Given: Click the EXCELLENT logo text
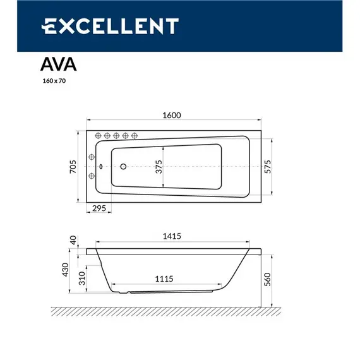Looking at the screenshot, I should tap(111, 26).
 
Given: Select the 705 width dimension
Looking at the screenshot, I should tap(73, 167).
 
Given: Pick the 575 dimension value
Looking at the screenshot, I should tap(267, 166).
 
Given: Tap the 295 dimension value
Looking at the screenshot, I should tap(98, 208).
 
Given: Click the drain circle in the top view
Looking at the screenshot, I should tap(124, 167).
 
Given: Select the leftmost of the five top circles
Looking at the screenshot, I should tap(99, 135).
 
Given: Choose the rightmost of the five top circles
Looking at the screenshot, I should tap(134, 135).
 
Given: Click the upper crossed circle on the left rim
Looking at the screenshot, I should tap(92, 158).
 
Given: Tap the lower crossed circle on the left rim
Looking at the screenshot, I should tap(92, 176).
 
